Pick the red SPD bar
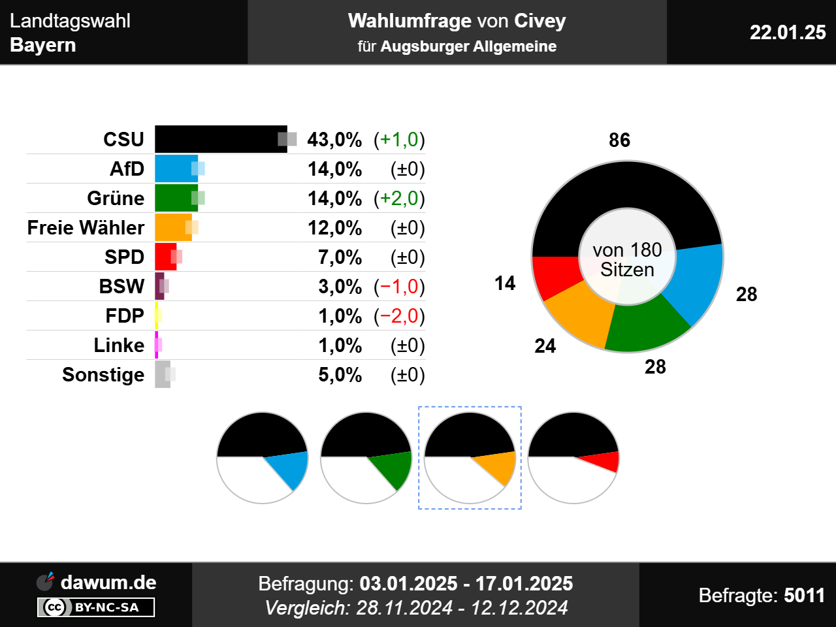pyautogui.click(x=164, y=257)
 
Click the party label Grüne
pyautogui.click(x=116, y=198)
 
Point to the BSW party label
pyautogui.click(x=121, y=286)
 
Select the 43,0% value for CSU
pyautogui.click(x=334, y=139)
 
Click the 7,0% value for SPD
pyautogui.click(x=340, y=257)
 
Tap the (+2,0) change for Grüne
pyautogui.click(x=399, y=198)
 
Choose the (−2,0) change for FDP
pyautogui.click(x=399, y=315)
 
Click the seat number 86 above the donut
pyautogui.click(x=619, y=140)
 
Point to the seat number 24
pyautogui.click(x=545, y=346)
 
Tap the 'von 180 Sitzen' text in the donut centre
pyautogui.click(x=627, y=259)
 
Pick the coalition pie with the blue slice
pyautogui.click(x=262, y=457)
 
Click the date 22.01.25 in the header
pyautogui.click(x=788, y=32)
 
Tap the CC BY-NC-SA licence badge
pyautogui.click(x=96, y=607)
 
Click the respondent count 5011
pyautogui.click(x=804, y=595)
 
